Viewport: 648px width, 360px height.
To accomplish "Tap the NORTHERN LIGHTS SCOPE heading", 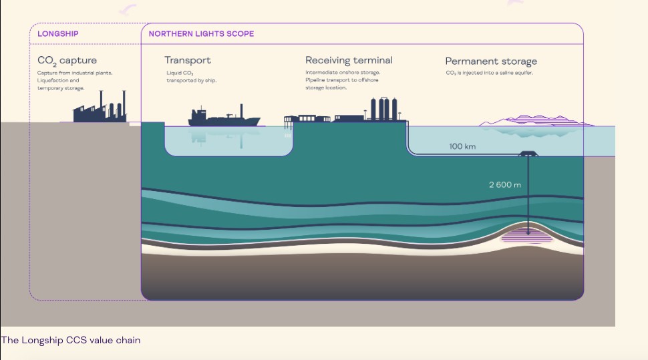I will [201, 33].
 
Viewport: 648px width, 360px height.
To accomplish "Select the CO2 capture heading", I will [67, 61].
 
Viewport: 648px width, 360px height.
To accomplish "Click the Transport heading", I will [188, 60].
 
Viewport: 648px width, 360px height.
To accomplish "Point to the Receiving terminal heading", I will [349, 60].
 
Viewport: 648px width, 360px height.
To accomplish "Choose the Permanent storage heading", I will [491, 61].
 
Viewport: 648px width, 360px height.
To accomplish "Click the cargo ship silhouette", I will [224, 118].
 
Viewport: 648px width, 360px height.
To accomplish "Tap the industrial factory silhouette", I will [100, 109].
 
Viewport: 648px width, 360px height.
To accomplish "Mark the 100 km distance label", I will [462, 146].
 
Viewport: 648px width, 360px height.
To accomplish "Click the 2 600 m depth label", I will [504, 184].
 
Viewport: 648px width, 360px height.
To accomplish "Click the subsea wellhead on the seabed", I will [529, 154].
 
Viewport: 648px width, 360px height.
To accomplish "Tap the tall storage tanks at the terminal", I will [384, 109].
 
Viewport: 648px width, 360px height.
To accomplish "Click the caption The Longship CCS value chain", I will [71, 340].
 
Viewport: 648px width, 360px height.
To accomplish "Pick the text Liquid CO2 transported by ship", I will [191, 76].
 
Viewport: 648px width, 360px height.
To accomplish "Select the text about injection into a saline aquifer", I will [489, 72].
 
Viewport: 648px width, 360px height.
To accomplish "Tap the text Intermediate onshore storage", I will [343, 72].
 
